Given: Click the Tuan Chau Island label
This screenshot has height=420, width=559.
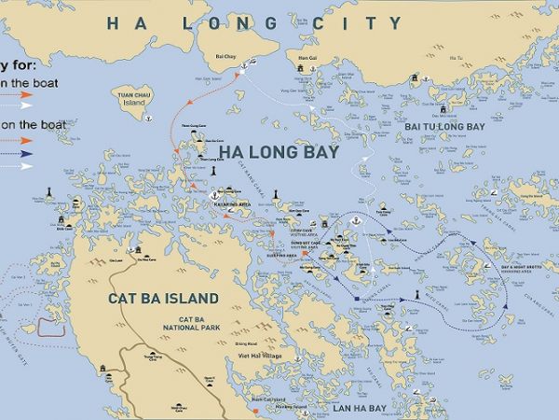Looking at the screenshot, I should (133, 99).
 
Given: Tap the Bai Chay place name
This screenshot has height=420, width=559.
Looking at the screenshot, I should (225, 56).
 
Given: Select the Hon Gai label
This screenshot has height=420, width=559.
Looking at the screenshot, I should (302, 57).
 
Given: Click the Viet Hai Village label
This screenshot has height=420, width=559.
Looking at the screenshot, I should (258, 356).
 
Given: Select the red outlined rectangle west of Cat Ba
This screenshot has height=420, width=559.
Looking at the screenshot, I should (50, 328).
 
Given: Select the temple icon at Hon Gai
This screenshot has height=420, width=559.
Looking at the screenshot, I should (302, 67).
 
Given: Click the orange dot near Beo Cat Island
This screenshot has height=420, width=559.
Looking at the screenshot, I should (252, 407).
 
